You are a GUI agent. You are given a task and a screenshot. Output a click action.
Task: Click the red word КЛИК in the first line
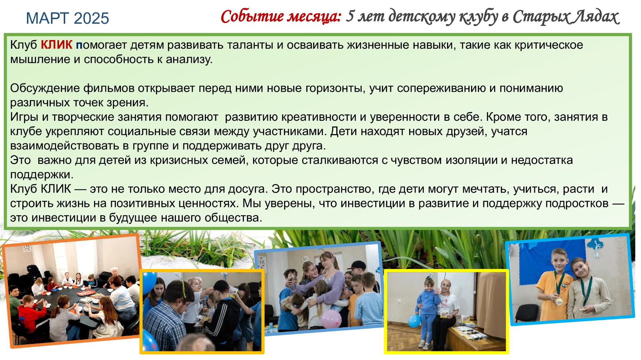click(x=56, y=45)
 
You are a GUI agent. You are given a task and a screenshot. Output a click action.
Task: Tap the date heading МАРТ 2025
click(x=67, y=18)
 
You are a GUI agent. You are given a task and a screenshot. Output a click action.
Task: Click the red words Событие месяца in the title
click(x=281, y=17)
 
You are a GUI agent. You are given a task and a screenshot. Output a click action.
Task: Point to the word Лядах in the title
click(x=595, y=17)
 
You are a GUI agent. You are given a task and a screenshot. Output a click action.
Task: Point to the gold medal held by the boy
click(x=559, y=301)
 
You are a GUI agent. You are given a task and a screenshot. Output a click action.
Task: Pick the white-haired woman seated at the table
click(x=115, y=276)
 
